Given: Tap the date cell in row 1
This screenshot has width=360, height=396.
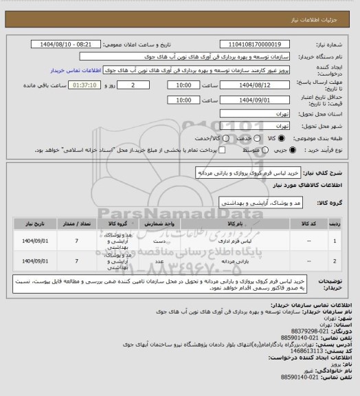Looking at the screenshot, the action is coord(34,243).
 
